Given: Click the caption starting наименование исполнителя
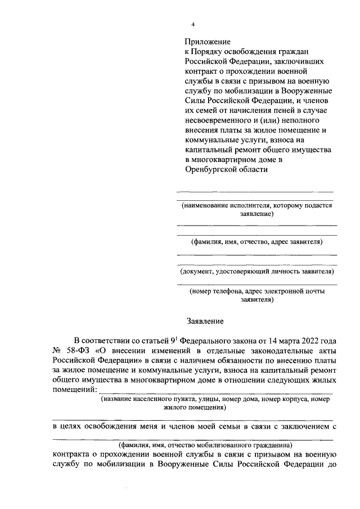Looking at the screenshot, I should click(256, 210).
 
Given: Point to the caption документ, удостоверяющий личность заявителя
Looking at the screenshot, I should click(256, 272).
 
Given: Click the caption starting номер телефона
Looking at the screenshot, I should click(256, 296).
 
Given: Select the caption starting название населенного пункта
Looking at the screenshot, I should click(214, 403).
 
